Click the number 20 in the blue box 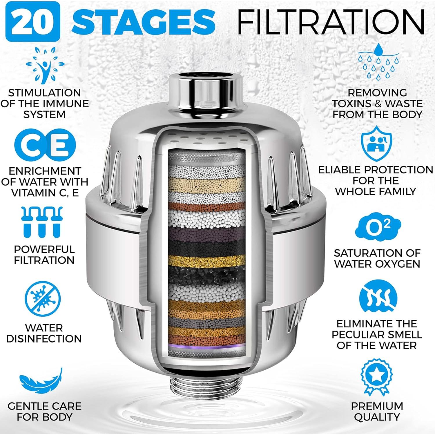tap(35, 21)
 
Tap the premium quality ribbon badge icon tap(376, 377)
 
